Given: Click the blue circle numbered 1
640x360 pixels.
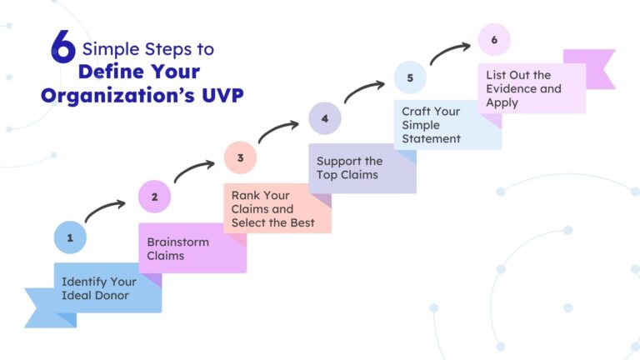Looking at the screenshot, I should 70,237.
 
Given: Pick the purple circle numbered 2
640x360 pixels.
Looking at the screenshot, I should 154,197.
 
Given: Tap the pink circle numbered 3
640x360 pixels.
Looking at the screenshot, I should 240,157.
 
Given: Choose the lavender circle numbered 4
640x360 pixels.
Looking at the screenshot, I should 325,118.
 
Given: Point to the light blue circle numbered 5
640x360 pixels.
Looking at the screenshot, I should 410,78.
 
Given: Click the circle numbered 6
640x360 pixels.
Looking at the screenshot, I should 494,39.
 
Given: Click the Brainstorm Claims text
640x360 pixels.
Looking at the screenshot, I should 178,248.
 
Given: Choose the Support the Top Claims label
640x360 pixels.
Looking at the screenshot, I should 350,167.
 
